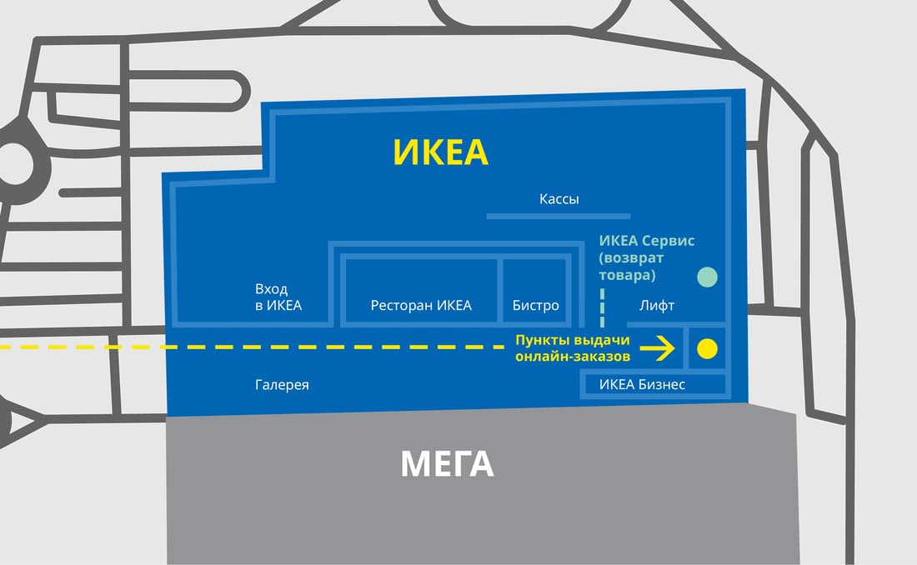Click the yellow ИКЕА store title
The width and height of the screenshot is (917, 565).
(x=440, y=152)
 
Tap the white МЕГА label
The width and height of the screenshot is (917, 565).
(x=448, y=464)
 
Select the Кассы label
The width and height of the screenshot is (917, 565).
(x=559, y=199)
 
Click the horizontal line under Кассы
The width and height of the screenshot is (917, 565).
(x=559, y=217)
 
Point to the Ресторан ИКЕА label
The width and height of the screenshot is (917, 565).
(x=421, y=305)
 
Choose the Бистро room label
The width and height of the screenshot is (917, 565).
(x=536, y=305)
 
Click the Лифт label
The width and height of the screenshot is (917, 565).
(x=657, y=305)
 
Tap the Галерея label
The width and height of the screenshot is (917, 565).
(x=282, y=385)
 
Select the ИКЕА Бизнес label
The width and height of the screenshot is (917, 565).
(x=642, y=384)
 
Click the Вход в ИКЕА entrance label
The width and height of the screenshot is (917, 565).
(x=278, y=297)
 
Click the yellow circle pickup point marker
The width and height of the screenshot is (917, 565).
(x=707, y=348)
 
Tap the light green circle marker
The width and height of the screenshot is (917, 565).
(x=708, y=277)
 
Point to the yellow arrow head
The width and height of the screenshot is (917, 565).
(x=667, y=348)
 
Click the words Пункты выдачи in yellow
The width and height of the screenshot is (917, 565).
(x=573, y=340)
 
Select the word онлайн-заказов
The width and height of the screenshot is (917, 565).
(x=573, y=356)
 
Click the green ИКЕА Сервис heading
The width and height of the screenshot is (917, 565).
(x=647, y=240)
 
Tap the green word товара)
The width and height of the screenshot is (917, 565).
(x=628, y=275)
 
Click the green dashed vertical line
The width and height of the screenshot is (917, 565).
(x=603, y=307)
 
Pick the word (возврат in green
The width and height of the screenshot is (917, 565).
(x=631, y=258)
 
